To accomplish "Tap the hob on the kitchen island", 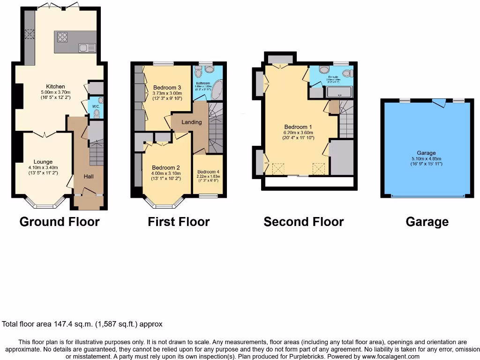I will pyautogui.click(x=62, y=37).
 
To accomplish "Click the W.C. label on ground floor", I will pyautogui.click(x=96, y=106).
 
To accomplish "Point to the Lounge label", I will pyautogui.click(x=43, y=162).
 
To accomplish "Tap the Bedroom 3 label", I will pyautogui.click(x=167, y=87).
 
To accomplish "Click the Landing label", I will pyautogui.click(x=191, y=122).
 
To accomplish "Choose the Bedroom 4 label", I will pyautogui.click(x=207, y=172).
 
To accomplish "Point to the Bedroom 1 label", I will pyautogui.click(x=298, y=127).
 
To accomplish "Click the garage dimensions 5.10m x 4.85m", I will pyautogui.click(x=426, y=158).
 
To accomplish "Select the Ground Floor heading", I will pyautogui.click(x=60, y=222).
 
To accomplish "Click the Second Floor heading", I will pyautogui.click(x=303, y=222).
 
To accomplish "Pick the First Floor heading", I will pyautogui.click(x=179, y=222).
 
